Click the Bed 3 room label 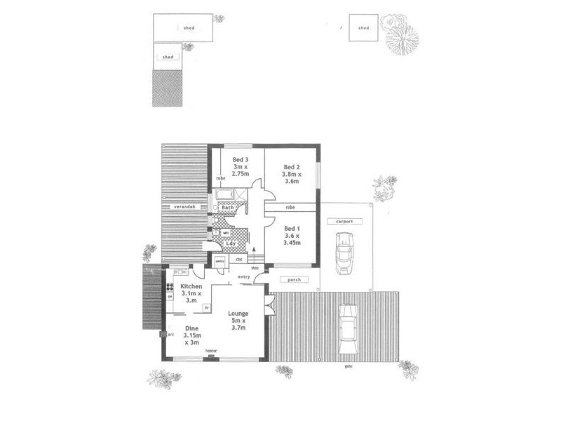click(x=240, y=160)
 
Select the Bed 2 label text click(x=290, y=166)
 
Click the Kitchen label click(x=191, y=288)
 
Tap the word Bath click(x=227, y=208)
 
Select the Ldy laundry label click(x=231, y=243)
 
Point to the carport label click(x=344, y=221)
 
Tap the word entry click(x=244, y=278)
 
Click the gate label click(x=348, y=367)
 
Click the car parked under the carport click(x=344, y=253)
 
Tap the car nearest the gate click(x=347, y=328)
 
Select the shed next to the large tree click(x=363, y=28)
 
